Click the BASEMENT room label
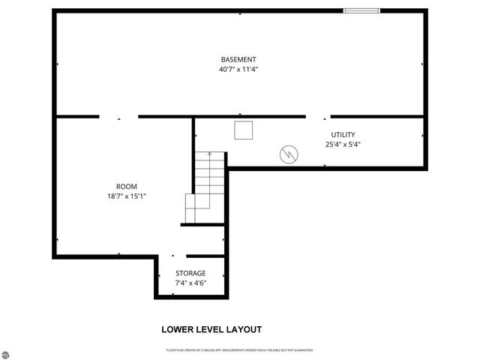point(238,60)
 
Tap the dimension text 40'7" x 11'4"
point(238,70)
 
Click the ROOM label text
point(126,186)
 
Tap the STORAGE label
point(190,273)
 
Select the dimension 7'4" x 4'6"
point(190,283)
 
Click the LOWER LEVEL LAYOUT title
point(211,329)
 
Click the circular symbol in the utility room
point(289,154)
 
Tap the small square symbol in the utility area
point(244,130)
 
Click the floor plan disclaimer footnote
point(239,350)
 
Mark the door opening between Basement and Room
point(118,116)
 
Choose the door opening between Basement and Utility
point(325,116)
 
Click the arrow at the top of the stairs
point(209,155)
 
